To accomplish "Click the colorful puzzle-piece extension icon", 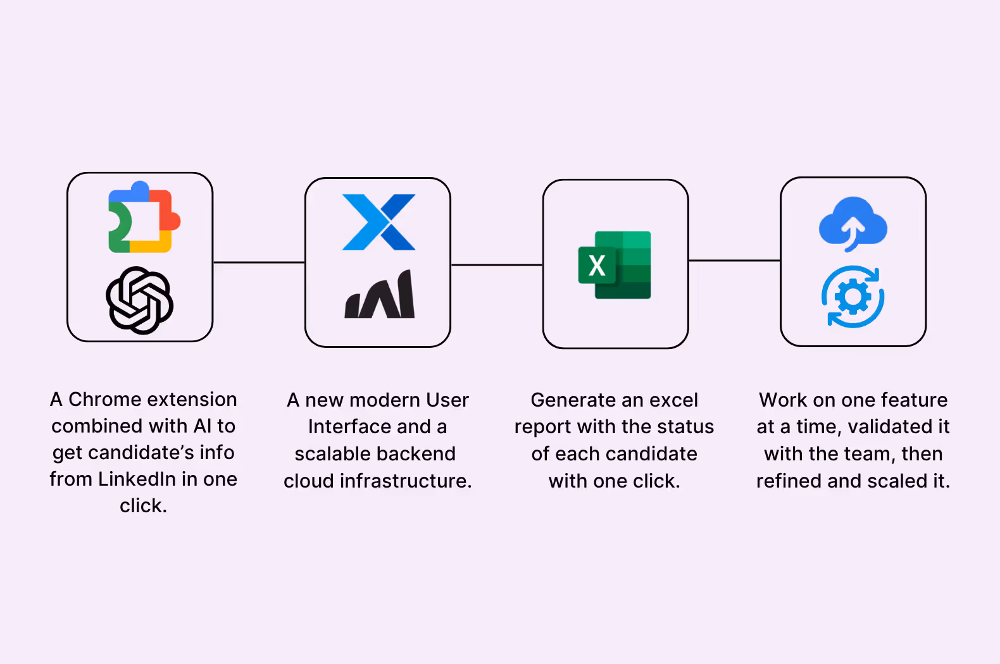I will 144,218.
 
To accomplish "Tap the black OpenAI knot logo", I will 139,300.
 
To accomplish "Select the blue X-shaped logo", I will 378,222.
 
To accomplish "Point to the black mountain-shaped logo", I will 380,295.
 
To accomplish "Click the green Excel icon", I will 615,265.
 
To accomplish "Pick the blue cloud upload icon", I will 853,223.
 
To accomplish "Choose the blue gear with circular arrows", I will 853,297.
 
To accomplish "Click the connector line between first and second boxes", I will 259,262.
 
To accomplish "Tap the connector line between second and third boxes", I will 496,265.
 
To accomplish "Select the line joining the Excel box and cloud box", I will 734,260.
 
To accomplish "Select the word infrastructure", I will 405,481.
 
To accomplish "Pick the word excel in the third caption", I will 670,400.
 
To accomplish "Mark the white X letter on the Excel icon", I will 597,266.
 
